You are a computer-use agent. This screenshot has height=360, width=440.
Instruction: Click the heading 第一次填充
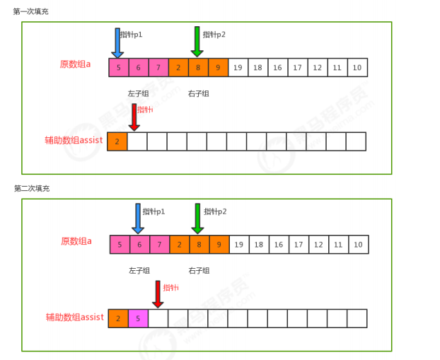pos(30,11)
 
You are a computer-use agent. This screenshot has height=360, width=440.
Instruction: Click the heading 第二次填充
pos(32,189)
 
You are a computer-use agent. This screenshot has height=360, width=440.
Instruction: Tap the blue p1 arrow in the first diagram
pos(117,43)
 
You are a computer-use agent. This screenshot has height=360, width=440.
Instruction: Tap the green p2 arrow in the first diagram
pos(197,42)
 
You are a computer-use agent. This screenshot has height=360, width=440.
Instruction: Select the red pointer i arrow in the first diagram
pos(134,117)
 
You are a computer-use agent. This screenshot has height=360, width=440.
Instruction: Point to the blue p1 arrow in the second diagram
pos(138,219)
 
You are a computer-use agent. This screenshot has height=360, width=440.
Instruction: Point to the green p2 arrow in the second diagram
pos(197,219)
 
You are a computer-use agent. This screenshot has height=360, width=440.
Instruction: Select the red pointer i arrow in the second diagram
pos(158,294)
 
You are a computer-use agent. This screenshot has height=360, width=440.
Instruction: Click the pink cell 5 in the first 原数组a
pos(119,68)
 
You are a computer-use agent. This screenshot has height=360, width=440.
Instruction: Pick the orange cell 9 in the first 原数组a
pos(218,68)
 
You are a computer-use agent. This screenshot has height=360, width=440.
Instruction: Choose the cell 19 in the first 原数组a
pos(238,68)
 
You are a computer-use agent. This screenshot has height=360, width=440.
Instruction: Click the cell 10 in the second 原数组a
pos(358,245)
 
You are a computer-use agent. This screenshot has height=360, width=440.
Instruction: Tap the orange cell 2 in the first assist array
pos(117,141)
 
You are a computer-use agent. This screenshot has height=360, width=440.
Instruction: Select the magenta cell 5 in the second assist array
pos(138,318)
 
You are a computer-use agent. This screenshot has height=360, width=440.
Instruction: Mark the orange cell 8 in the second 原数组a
pos(199,245)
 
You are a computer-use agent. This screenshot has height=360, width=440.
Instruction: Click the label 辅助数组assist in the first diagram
pos(74,141)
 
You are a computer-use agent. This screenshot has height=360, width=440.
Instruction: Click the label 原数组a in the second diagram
pos(76,241)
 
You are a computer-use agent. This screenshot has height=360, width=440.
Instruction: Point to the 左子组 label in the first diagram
pos(139,93)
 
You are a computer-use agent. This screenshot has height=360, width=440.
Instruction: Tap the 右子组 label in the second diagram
pos(199,270)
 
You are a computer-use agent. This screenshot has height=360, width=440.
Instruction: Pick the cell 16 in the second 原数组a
pos(278,245)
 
